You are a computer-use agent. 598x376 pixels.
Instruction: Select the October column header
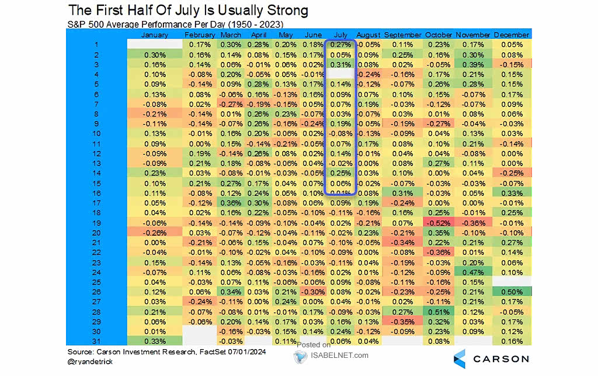click(x=439, y=35)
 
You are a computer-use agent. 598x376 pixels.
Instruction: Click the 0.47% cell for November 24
click(x=473, y=271)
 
